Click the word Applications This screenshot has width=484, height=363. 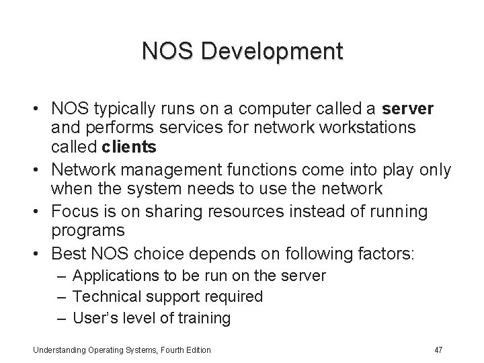click(110, 276)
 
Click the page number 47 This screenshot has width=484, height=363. click(438, 350)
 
